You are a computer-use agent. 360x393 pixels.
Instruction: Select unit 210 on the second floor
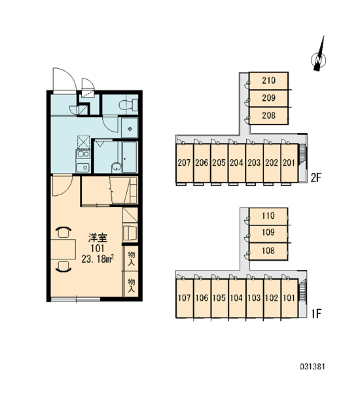coord(268,81)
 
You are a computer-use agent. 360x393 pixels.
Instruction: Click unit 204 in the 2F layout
coord(236,163)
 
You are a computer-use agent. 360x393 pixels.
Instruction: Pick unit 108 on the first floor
coord(268,251)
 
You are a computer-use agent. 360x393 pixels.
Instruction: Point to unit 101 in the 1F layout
coord(289,298)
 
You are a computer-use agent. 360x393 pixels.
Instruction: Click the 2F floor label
coord(316,178)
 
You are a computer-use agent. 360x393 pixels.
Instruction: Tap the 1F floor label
coord(316,314)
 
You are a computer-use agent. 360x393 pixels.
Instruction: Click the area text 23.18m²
coord(98,259)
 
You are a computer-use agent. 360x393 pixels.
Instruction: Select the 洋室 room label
coord(98,238)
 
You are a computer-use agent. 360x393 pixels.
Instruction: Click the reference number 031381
coord(312,367)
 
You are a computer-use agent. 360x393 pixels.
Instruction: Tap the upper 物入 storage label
coord(132,259)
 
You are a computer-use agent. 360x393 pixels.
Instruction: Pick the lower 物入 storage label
coord(132,286)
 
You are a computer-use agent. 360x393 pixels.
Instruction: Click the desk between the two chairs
coord(63,249)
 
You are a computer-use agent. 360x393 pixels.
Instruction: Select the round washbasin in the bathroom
coord(117,167)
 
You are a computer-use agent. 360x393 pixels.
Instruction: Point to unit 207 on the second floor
coord(184,163)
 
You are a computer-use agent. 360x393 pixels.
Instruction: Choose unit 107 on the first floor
coord(184,298)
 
